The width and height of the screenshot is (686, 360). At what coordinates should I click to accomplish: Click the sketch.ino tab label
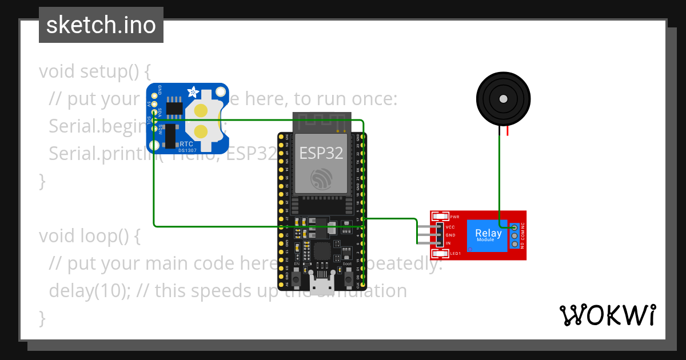click(x=101, y=25)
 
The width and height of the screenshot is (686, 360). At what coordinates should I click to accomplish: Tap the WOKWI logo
click(x=607, y=315)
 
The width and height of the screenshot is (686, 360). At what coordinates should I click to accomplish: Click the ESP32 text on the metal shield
click(x=320, y=153)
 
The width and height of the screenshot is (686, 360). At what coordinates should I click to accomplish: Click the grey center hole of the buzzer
click(x=502, y=99)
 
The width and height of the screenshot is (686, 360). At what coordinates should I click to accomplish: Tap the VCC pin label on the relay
click(x=450, y=227)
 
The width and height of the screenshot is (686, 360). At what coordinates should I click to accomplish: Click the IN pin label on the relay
click(x=449, y=243)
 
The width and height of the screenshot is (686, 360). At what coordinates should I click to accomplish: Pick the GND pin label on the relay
click(x=450, y=235)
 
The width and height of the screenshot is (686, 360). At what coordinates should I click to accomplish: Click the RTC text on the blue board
click(x=186, y=145)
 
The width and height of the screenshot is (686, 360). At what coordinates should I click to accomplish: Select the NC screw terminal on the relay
click(x=514, y=227)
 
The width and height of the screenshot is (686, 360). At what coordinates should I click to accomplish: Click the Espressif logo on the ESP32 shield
click(x=320, y=179)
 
